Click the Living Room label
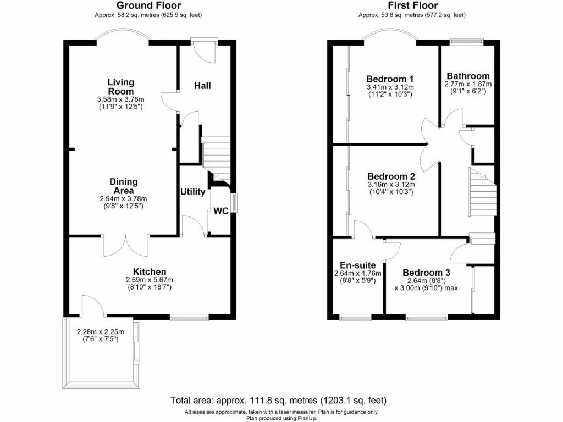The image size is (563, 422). click(120, 86)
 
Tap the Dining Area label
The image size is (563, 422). click(123, 186)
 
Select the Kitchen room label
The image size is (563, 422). click(149, 271)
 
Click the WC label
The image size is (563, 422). click(221, 211)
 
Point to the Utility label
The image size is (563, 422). click(192, 192)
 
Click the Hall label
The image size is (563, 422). click(202, 86)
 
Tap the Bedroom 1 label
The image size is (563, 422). click(390, 79)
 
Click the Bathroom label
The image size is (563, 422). click(468, 76)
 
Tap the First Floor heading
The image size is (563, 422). click(413, 5)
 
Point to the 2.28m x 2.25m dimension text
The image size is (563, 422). click(101, 331)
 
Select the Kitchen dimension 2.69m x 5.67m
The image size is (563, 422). click(149, 280)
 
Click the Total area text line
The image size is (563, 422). click(281, 400)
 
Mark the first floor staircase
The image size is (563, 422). click(482, 193)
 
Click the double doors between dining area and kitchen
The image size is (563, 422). click(126, 245)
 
